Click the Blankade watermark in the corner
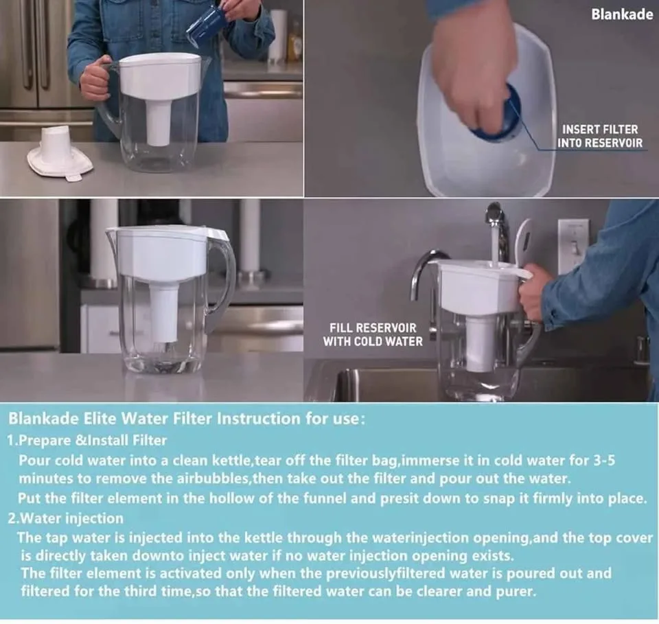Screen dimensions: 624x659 [x=622, y=14]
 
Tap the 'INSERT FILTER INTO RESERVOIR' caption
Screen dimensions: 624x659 [x=600, y=136]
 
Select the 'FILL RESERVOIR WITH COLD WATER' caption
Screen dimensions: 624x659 [x=373, y=334]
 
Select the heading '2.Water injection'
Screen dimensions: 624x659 [x=66, y=518]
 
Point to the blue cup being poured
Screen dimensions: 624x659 [x=207, y=26]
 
